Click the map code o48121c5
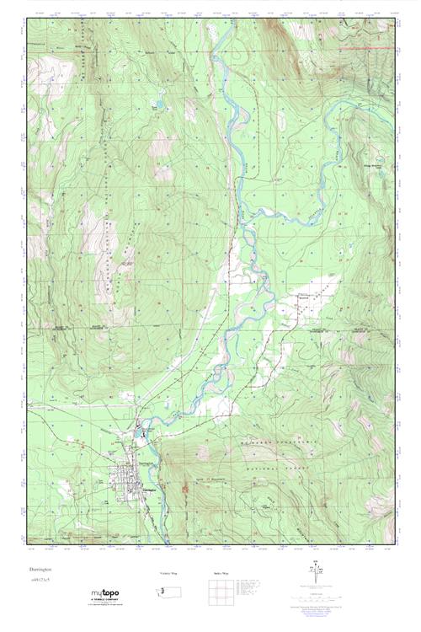40,581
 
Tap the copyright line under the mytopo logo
105,605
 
